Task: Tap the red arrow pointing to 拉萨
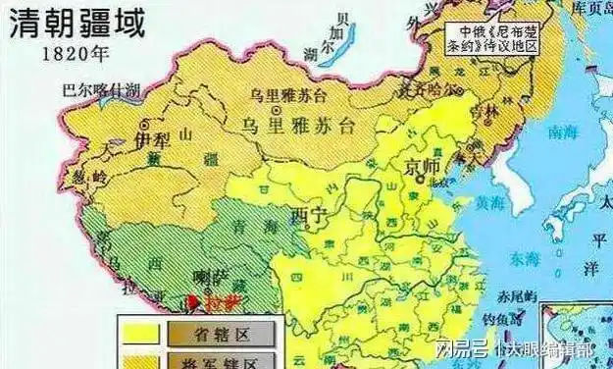point(193,303)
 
